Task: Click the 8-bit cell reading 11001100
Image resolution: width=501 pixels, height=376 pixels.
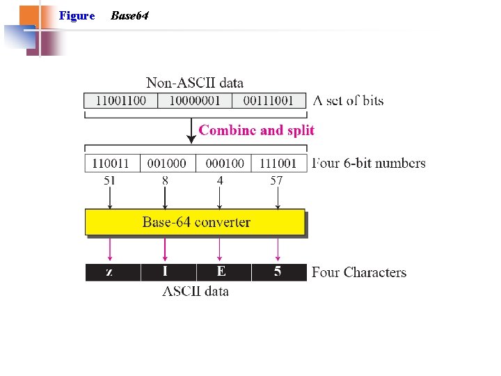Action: [120, 101]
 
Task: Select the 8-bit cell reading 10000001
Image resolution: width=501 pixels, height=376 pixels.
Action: [195, 101]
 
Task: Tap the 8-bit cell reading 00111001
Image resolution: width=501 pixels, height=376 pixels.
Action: [269, 101]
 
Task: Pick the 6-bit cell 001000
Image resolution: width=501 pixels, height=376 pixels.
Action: [166, 164]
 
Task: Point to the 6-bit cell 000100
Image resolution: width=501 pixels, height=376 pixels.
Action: [224, 164]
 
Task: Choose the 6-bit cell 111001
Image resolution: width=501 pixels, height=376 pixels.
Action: [278, 164]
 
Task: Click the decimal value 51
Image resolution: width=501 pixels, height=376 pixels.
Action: [110, 181]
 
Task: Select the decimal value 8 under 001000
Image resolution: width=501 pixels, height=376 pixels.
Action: [165, 181]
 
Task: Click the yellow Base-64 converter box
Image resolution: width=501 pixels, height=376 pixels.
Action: [195, 223]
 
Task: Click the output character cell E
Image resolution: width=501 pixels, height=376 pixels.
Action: [221, 272]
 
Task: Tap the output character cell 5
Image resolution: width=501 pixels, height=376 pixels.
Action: [278, 272]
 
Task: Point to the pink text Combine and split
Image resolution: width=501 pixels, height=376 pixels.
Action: [256, 130]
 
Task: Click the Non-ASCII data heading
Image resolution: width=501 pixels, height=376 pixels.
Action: [195, 84]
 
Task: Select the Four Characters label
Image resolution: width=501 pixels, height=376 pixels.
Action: [358, 272]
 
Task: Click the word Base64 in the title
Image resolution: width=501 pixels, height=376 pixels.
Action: [129, 15]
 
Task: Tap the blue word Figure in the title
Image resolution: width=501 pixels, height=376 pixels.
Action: [77, 15]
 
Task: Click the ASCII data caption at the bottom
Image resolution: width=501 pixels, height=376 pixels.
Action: [195, 291]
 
